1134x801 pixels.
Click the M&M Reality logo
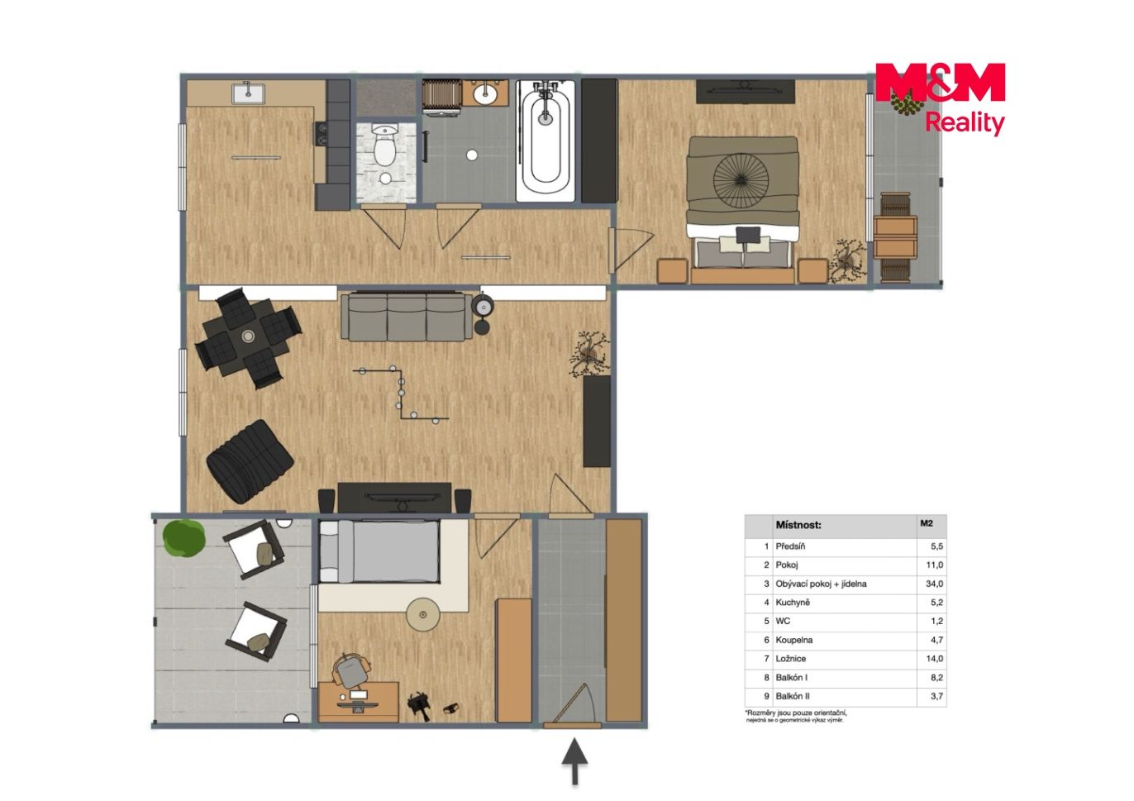(x=940, y=98)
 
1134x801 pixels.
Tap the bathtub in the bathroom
(x=546, y=141)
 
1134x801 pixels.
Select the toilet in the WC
(x=385, y=145)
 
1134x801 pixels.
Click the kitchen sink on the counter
(x=248, y=93)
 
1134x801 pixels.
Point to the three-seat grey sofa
(x=407, y=317)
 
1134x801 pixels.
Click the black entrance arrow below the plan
(x=575, y=761)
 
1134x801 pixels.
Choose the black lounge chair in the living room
(x=250, y=462)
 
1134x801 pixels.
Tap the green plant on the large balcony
(x=184, y=539)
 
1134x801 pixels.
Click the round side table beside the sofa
(x=483, y=307)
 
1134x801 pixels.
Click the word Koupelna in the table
(x=793, y=640)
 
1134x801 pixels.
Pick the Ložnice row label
(x=791, y=659)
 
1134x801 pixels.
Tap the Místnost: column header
(x=798, y=525)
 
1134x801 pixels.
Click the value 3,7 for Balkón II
(x=936, y=696)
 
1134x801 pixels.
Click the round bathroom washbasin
(x=485, y=92)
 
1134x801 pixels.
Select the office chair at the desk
(x=350, y=671)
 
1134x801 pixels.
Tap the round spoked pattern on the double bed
(x=741, y=179)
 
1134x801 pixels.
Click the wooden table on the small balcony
(x=895, y=237)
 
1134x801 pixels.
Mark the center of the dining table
(x=248, y=336)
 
